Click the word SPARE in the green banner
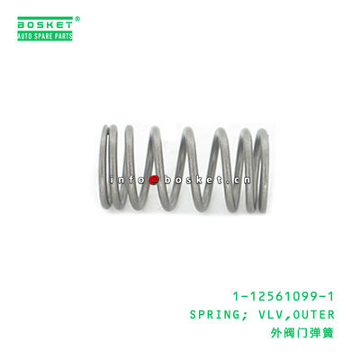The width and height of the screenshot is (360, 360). coord(45,35)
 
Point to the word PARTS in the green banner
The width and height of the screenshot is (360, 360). coord(64,35)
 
